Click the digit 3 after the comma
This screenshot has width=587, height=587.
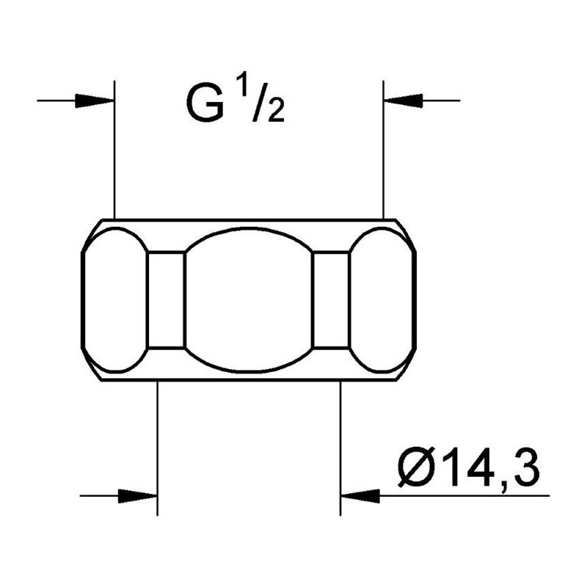click(525, 467)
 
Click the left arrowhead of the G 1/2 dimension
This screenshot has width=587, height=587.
click(95, 101)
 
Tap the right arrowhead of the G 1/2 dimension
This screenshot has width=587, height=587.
click(404, 101)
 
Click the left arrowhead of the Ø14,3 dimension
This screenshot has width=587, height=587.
click(137, 496)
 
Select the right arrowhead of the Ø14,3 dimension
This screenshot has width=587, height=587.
click(360, 496)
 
